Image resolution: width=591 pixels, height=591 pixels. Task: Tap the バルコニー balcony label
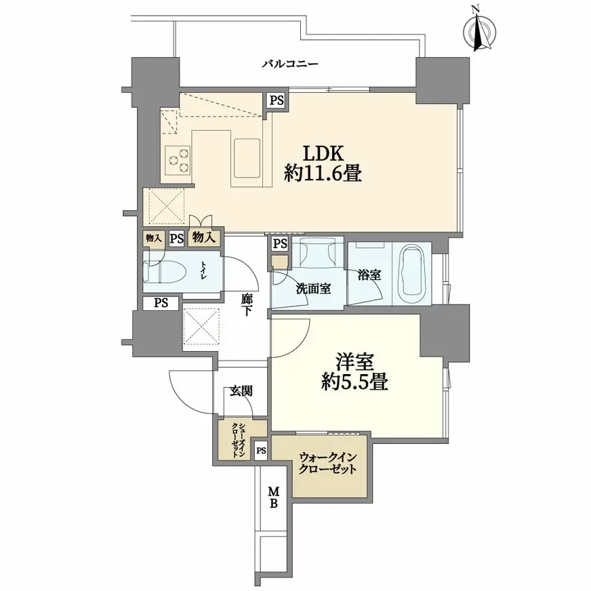point(291,65)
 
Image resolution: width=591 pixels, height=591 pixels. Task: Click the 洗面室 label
point(313,288)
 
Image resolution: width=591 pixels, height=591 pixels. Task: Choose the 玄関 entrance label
point(241,390)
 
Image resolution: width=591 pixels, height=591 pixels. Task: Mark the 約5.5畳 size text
point(354,382)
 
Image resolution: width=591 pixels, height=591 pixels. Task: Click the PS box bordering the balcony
point(276,100)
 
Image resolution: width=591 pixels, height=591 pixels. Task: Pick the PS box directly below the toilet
point(161,303)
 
